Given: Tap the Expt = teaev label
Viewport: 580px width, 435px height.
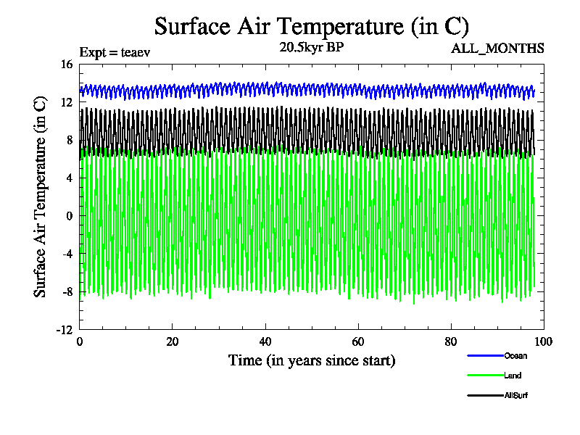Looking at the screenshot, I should pyautogui.click(x=115, y=52).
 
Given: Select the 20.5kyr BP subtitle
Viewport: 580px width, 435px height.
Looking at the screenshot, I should pyautogui.click(x=312, y=47).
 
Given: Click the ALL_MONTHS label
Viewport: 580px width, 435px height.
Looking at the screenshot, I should pyautogui.click(x=497, y=49).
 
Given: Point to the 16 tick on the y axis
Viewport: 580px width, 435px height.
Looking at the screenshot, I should pyautogui.click(x=67, y=65).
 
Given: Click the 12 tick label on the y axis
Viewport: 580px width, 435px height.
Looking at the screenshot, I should pyautogui.click(x=67, y=102).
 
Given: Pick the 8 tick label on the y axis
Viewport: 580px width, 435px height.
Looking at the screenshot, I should pyautogui.click(x=70, y=140).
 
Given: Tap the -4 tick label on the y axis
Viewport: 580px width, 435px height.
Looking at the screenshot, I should pyautogui.click(x=67, y=254).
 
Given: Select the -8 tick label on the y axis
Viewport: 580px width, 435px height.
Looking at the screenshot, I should pyautogui.click(x=67, y=291).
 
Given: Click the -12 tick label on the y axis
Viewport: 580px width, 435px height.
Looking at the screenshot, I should pyautogui.click(x=65, y=329).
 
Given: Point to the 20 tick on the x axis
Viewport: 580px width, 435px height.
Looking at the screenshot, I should pyautogui.click(x=172, y=342).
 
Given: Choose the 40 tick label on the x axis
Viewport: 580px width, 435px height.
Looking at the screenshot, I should pyautogui.click(x=265, y=342).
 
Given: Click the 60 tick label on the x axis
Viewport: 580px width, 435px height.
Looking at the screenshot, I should pyautogui.click(x=357, y=342).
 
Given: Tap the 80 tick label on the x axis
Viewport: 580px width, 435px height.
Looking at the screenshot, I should pyautogui.click(x=450, y=342).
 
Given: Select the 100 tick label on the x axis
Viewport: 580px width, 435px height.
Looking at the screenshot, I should pyautogui.click(x=543, y=342).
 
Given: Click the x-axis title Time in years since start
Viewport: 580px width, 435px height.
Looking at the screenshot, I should pyautogui.click(x=312, y=360).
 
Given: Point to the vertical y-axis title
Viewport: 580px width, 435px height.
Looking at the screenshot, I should pyautogui.click(x=41, y=196).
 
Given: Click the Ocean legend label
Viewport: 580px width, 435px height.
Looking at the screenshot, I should pyautogui.click(x=515, y=355).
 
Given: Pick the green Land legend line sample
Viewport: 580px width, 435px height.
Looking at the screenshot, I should pyautogui.click(x=485, y=376).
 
